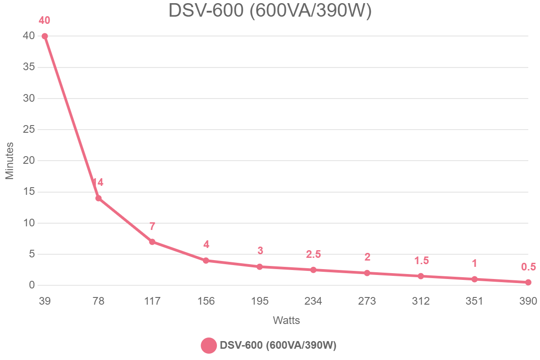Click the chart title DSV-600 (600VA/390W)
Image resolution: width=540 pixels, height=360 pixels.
tap(270, 10)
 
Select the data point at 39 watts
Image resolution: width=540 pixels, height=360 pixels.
tap(45, 36)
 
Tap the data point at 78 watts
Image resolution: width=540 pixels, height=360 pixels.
tap(98, 198)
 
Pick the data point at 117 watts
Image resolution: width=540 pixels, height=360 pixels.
tap(152, 242)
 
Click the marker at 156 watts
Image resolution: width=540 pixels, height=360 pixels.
tap(206, 261)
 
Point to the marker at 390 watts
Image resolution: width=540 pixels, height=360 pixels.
tap(528, 282)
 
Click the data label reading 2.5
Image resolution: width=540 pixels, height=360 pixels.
tap(313, 254)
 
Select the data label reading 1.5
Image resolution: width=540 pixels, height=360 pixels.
tap(421, 261)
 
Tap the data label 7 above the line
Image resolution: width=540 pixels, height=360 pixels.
tap(152, 226)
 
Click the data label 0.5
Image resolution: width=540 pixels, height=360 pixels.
tap(528, 267)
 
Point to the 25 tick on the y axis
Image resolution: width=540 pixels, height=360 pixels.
tap(29, 130)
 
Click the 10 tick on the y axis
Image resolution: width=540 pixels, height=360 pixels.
tap(29, 223)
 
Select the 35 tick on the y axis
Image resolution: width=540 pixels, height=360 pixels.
tap(29, 67)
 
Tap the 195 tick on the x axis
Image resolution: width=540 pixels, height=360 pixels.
tap(260, 301)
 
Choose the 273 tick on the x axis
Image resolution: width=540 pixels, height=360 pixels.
tap(367, 301)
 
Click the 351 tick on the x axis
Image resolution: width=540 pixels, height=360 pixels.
tap(474, 301)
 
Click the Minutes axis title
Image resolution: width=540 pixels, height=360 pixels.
tap(9, 161)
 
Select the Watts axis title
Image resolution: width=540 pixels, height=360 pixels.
tap(286, 321)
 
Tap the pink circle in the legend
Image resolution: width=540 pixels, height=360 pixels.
tap(208, 346)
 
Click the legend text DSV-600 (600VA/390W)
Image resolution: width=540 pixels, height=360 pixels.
tap(278, 346)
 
